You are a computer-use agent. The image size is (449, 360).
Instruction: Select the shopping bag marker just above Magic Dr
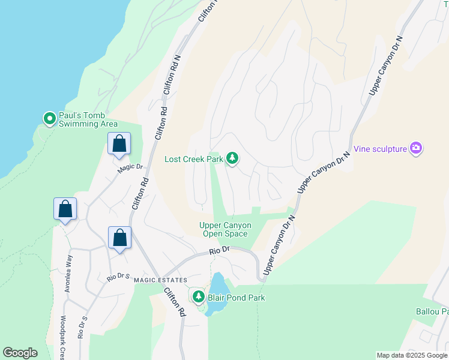coord(119,145)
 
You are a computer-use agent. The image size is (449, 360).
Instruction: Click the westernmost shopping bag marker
coord(65,210)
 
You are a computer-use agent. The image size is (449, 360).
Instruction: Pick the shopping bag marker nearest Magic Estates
coord(119,238)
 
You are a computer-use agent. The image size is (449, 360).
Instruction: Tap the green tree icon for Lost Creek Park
coord(232,158)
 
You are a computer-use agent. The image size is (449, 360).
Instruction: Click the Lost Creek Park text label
coord(194,159)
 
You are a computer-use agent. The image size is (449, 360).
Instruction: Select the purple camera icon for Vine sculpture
coord(415,148)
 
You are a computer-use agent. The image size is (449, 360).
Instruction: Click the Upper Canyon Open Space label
coord(225,229)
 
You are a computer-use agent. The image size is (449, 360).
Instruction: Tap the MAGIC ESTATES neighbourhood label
coord(160,280)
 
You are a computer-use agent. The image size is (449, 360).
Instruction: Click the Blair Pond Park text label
coord(236,297)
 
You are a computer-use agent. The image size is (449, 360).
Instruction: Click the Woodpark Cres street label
coord(62,337)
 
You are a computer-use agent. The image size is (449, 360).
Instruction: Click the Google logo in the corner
coord(20,353)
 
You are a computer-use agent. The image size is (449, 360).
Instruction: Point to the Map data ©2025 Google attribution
coord(411,355)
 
